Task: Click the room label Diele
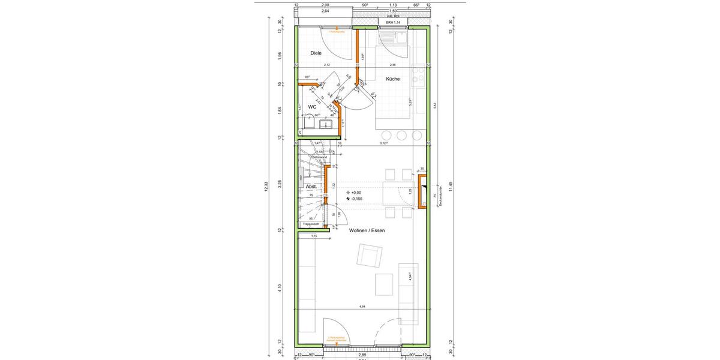click(x=316, y=53)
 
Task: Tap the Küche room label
click(x=393, y=79)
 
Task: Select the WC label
click(x=312, y=107)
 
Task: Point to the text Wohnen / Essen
click(x=367, y=230)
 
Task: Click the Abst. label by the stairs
click(x=311, y=186)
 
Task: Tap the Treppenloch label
click(x=312, y=224)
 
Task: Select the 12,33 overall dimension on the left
click(x=266, y=188)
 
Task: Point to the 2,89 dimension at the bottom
click(x=362, y=355)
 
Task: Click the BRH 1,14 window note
click(x=392, y=22)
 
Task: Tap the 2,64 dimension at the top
click(x=325, y=11)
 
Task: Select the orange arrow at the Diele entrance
click(x=337, y=28)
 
